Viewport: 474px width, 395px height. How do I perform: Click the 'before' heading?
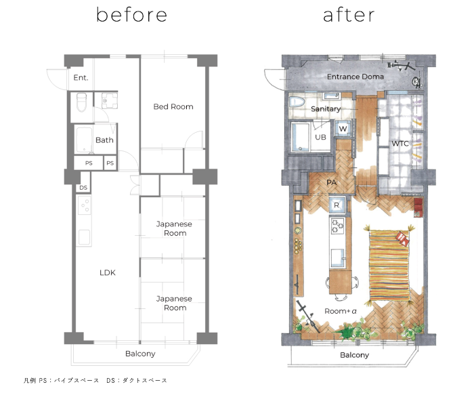pyautogui.click(x=131, y=15)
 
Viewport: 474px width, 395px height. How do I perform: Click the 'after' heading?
pyautogui.click(x=349, y=15)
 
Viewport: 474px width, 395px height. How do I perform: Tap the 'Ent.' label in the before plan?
pyautogui.click(x=81, y=78)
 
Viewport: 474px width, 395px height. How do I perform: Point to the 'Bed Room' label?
pyautogui.click(x=173, y=106)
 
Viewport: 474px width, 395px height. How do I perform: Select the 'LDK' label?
pyautogui.click(x=108, y=272)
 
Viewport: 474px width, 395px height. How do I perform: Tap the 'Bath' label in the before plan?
pyautogui.click(x=104, y=140)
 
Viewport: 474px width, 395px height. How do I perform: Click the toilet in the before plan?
pyautogui.click(x=82, y=102)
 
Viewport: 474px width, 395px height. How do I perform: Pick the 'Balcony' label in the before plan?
pyautogui.click(x=140, y=354)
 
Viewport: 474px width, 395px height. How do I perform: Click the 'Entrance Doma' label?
pyautogui.click(x=355, y=77)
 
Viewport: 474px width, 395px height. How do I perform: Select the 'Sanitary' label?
pyautogui.click(x=326, y=109)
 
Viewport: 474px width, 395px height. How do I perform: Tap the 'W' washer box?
pyautogui.click(x=343, y=128)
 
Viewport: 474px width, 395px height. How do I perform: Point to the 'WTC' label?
pyautogui.click(x=400, y=144)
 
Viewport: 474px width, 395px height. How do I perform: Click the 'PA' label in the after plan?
pyautogui.click(x=331, y=182)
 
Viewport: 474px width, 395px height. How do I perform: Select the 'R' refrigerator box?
pyautogui.click(x=337, y=205)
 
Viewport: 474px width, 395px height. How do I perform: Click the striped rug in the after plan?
pyautogui.click(x=389, y=265)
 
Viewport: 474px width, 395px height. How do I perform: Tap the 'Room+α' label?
pyautogui.click(x=341, y=311)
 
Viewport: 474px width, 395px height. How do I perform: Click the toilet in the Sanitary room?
pyautogui.click(x=297, y=102)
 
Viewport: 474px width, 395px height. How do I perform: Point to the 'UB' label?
pyautogui.click(x=320, y=137)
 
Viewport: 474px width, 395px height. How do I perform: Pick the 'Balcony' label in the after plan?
pyautogui.click(x=355, y=355)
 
